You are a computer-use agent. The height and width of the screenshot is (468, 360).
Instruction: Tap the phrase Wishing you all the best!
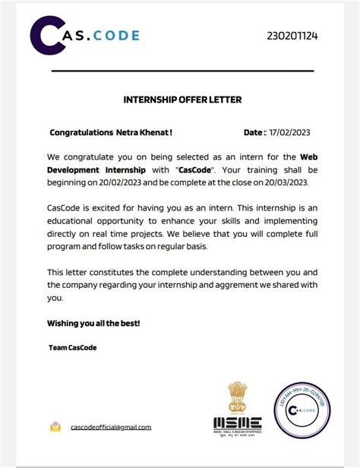point(93,324)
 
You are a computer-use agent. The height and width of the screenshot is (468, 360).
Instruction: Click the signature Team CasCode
point(72,348)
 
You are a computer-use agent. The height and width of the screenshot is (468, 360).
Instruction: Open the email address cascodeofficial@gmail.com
point(111,428)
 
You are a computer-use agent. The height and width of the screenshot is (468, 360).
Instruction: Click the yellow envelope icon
point(55,427)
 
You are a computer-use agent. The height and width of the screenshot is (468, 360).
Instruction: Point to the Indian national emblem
point(236,396)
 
